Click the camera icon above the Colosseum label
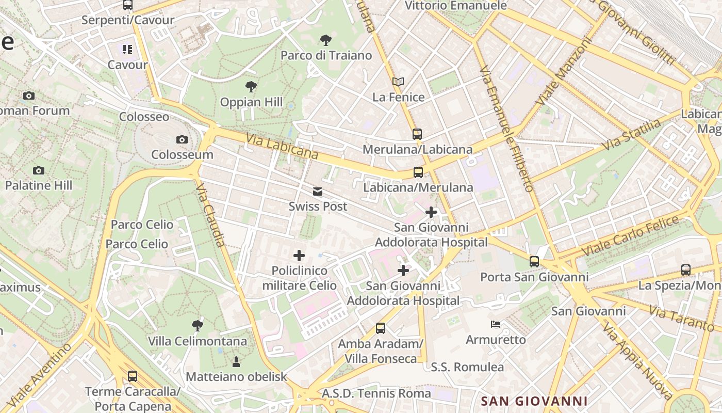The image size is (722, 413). pyautogui.click(x=182, y=139)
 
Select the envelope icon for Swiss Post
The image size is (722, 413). pyautogui.click(x=318, y=192)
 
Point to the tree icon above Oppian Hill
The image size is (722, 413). pyautogui.click(x=251, y=86)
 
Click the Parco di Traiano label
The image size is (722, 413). pyautogui.click(x=326, y=55)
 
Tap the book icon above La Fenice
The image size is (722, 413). pyautogui.click(x=398, y=82)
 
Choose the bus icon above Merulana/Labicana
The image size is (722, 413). pyautogui.click(x=417, y=134)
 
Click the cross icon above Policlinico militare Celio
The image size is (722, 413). pyautogui.click(x=299, y=255)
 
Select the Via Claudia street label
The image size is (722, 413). pyautogui.click(x=211, y=215)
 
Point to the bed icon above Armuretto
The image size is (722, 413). pyautogui.click(x=496, y=324)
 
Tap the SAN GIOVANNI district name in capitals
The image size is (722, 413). pyautogui.click(x=534, y=401)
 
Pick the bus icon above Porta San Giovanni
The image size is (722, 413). pyautogui.click(x=534, y=262)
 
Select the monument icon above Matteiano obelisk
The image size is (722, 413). pyautogui.click(x=236, y=361)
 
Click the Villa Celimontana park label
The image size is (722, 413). pyautogui.click(x=197, y=341)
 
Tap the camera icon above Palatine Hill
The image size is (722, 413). pyautogui.click(x=39, y=170)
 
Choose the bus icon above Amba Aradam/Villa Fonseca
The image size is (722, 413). pyautogui.click(x=381, y=328)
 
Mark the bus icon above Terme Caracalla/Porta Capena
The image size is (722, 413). pyautogui.click(x=133, y=376)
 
